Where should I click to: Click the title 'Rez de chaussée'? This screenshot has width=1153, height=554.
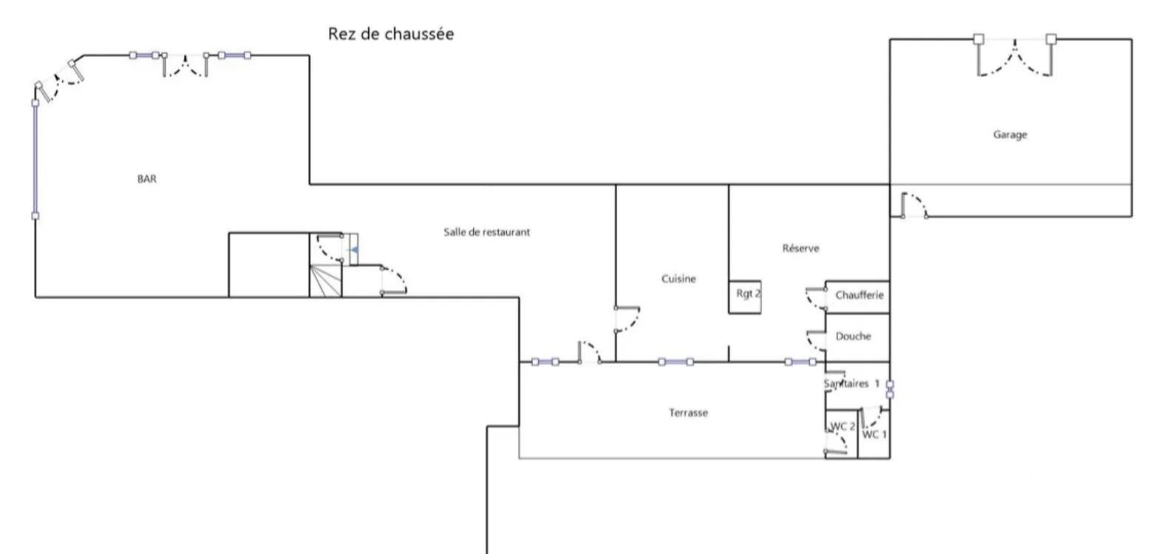[390, 34]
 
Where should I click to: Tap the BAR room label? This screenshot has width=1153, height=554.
[147, 179]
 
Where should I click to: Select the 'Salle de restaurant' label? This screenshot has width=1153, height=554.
[486, 232]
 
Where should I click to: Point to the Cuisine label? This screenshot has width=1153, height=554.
[678, 279]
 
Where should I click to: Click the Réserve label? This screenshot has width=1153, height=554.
[800, 249]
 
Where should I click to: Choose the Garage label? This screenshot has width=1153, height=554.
[1010, 135]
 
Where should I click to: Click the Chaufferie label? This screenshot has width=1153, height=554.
[859, 295]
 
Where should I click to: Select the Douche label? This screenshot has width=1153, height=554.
[853, 337]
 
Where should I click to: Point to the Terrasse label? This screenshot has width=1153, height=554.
[688, 413]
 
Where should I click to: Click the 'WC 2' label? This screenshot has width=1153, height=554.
[843, 427]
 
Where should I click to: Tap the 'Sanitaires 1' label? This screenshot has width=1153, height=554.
[851, 384]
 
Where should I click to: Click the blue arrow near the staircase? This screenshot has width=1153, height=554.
[354, 251]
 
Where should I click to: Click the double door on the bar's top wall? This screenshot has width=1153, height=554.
[185, 65]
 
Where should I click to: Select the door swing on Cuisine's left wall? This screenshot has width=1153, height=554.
[627, 319]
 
